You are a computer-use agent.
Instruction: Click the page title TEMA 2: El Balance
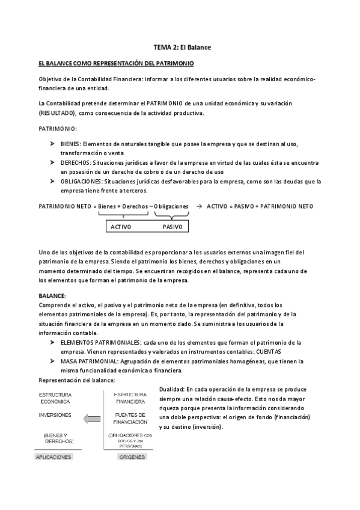click(x=180, y=47)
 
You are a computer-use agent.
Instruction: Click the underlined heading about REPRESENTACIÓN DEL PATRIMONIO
click(x=116, y=63)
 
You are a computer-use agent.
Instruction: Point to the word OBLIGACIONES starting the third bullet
click(x=80, y=181)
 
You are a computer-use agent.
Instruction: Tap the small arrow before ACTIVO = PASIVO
click(x=200, y=206)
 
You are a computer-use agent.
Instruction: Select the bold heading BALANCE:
click(x=52, y=296)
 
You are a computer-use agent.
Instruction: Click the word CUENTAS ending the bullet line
click(x=280, y=351)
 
